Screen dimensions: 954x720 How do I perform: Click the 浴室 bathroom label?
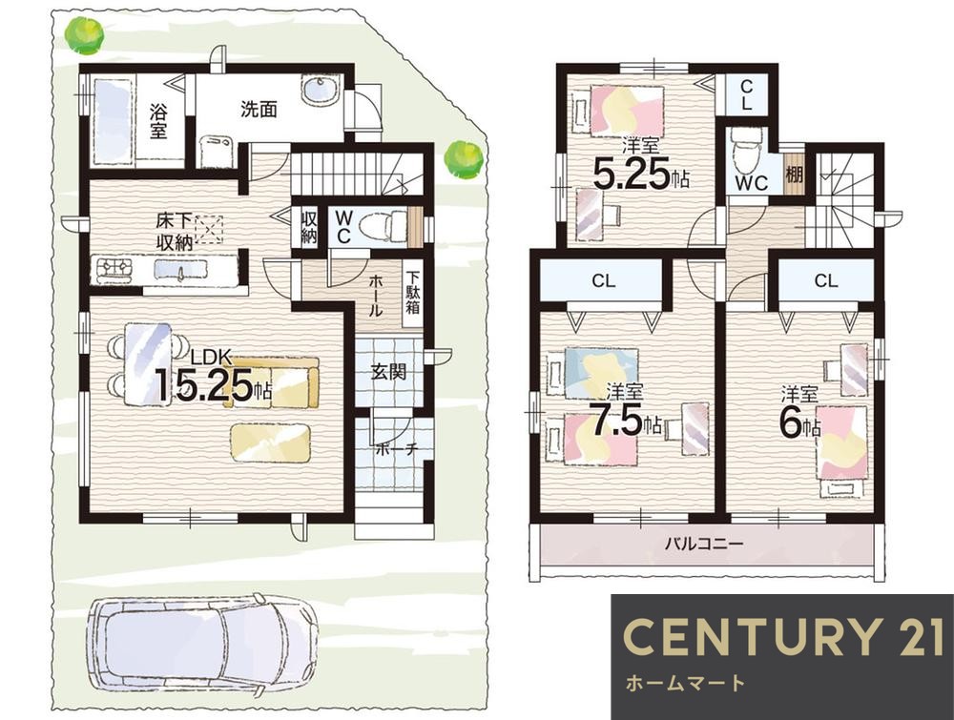(158, 120)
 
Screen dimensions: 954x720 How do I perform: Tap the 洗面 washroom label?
(259, 110)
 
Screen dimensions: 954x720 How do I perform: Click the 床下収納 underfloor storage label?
(175, 232)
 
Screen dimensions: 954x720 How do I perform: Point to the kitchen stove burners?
(114, 268)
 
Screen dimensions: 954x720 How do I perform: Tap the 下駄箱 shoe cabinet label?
(412, 293)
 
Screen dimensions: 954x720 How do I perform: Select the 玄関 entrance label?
(388, 372)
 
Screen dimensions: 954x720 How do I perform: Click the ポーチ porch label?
(397, 450)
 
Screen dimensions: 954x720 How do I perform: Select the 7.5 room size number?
(617, 421)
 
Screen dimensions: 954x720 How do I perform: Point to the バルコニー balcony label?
(703, 543)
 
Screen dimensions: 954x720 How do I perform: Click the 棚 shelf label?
(794, 175)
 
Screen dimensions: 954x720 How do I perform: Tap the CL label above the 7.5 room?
(603, 280)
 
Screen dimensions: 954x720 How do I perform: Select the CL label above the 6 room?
(825, 280)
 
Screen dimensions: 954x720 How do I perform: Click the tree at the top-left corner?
(84, 34)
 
